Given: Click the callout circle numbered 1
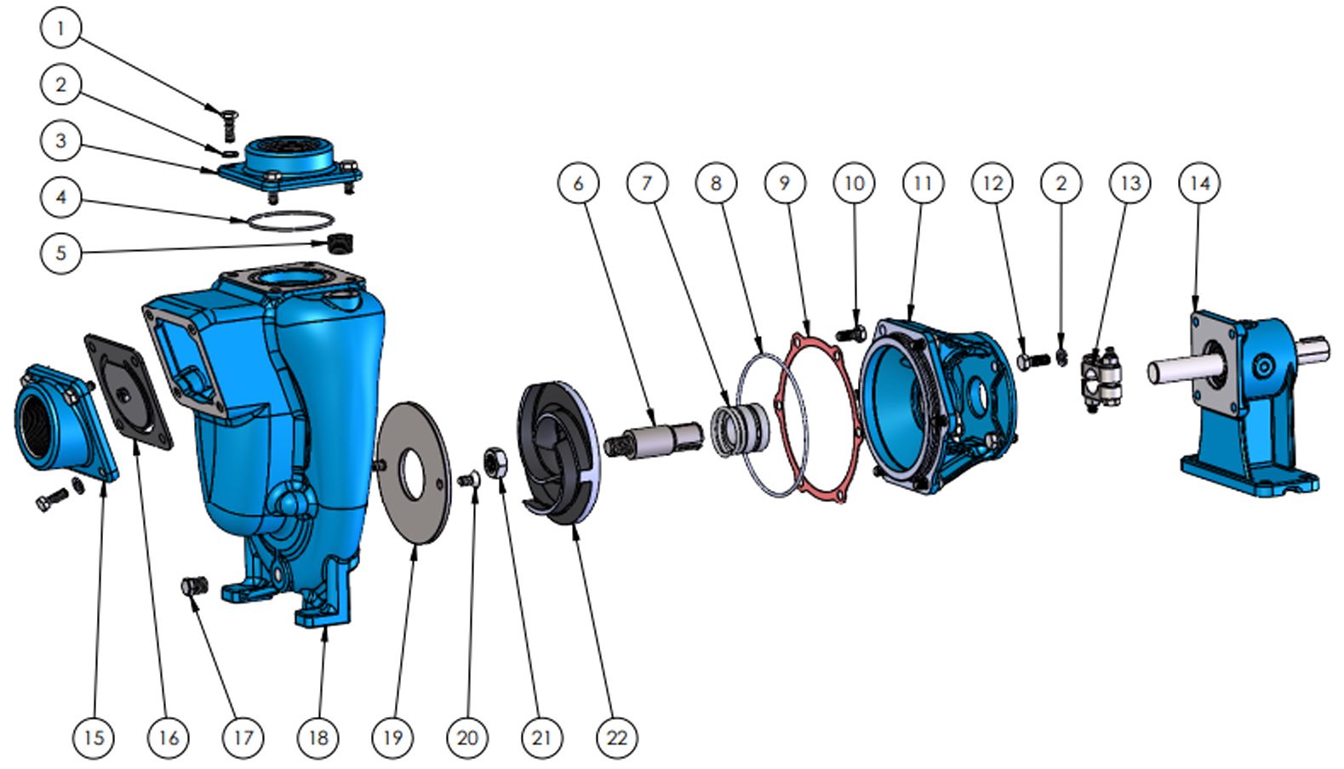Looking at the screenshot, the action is [x=60, y=27].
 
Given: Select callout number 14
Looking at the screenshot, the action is [x=1199, y=183].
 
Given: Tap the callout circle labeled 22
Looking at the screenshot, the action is [x=617, y=738].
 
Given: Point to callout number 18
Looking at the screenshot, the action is [x=318, y=738].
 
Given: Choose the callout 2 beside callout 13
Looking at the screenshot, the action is [x=1061, y=183].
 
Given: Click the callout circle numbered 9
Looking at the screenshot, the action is [x=785, y=183].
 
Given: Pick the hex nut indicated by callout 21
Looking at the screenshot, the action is [x=497, y=464].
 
